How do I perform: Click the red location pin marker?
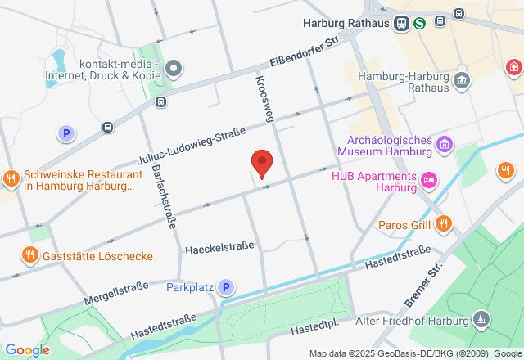tap(261, 163)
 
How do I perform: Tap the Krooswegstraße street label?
tap(263, 99)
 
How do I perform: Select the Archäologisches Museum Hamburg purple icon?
tap(445, 145)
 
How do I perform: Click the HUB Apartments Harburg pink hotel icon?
tap(428, 180)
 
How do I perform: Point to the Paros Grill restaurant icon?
tap(444, 223)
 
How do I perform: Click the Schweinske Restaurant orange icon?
tap(11, 178)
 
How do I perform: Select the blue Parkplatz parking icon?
tap(225, 287)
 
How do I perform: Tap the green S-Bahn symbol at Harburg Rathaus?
tap(419, 23)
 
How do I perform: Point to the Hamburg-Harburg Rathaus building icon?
tap(462, 80)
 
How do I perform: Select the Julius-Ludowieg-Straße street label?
tap(192, 148)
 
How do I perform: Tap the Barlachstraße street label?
tap(161, 196)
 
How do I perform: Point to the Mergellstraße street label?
tap(115, 291)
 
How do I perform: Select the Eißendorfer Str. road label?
tap(304, 52)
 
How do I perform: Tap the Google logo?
tap(26, 349)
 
